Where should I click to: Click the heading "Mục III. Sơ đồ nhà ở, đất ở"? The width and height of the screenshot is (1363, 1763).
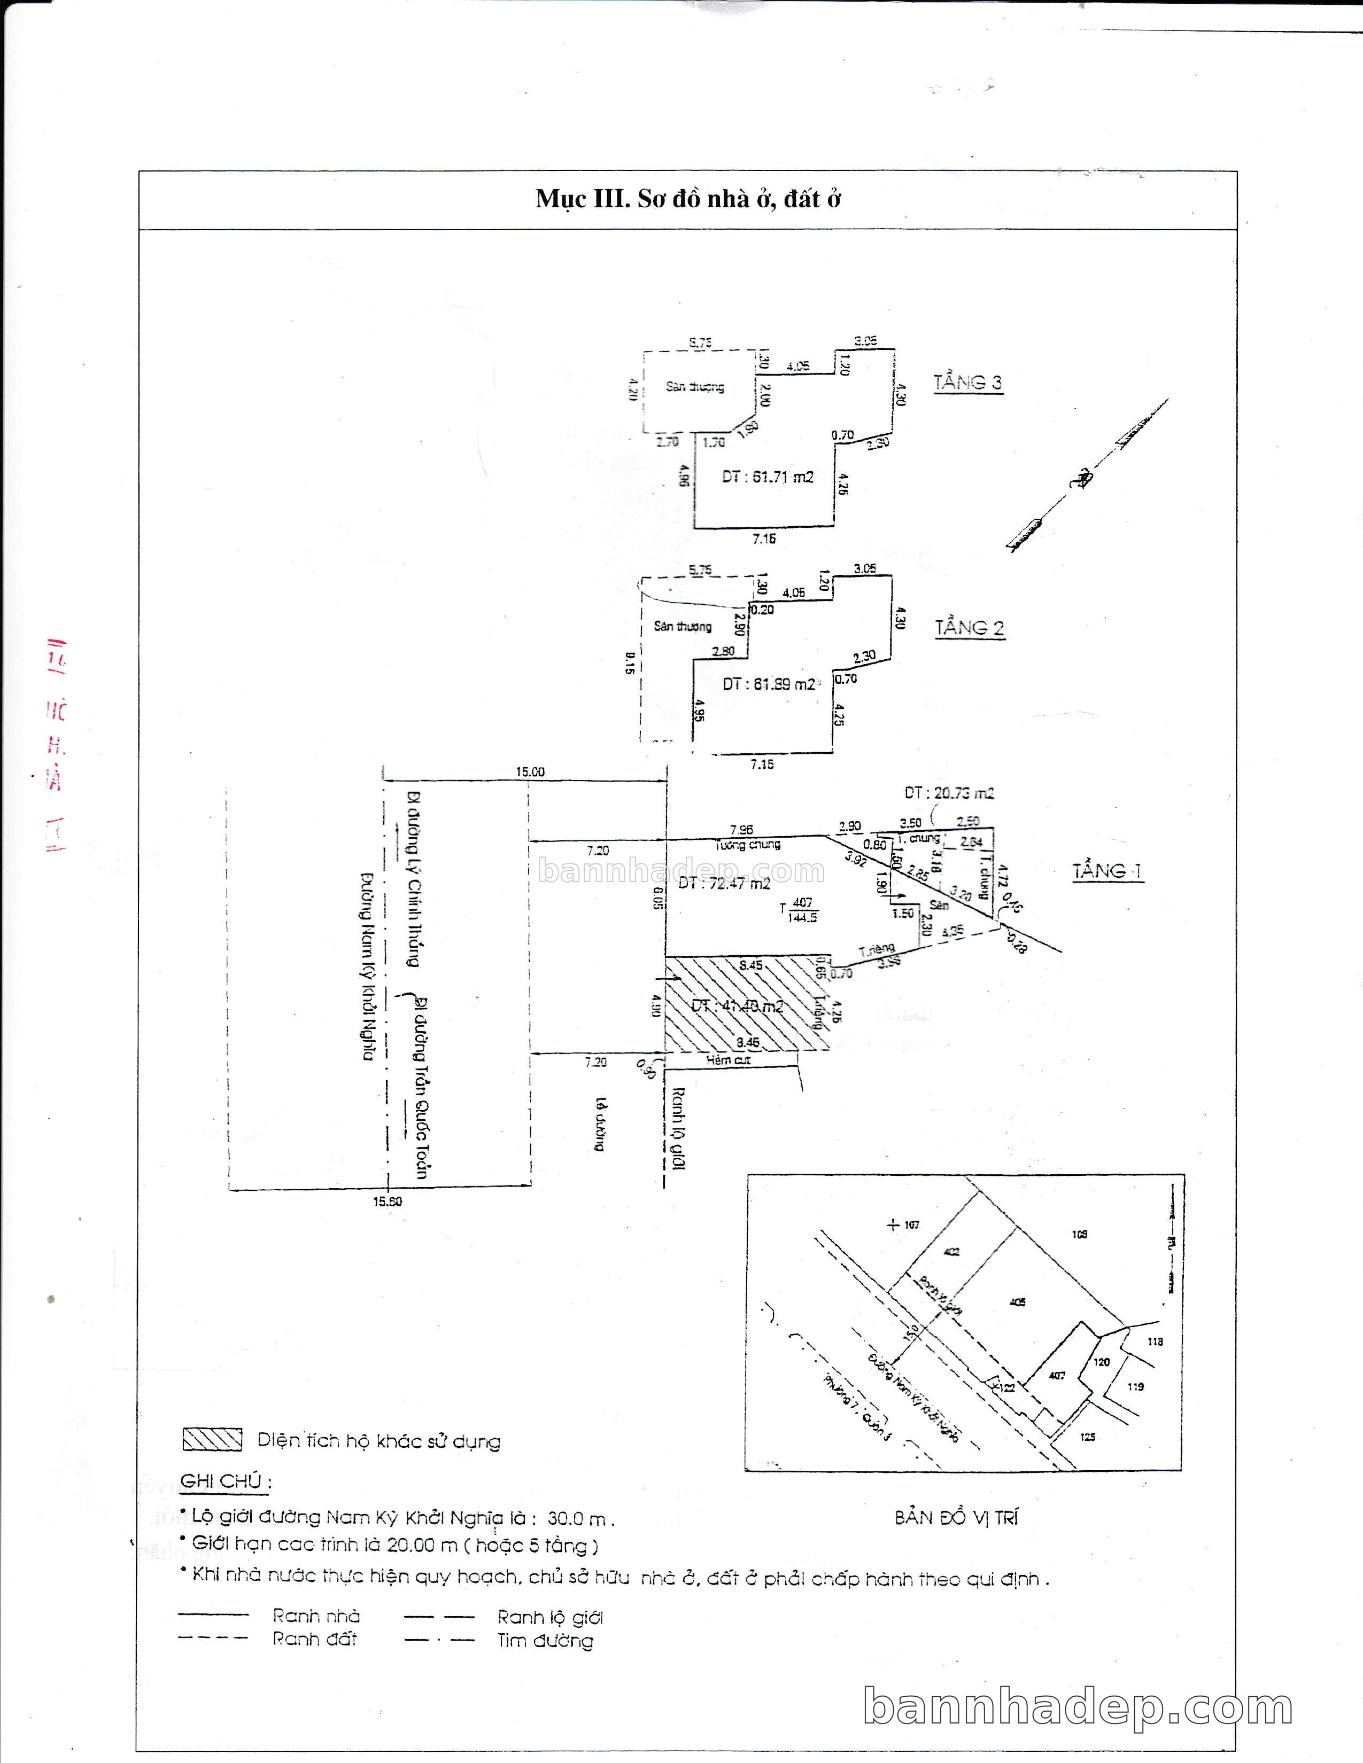[688, 199]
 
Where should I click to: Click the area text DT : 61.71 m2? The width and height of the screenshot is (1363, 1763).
[767, 477]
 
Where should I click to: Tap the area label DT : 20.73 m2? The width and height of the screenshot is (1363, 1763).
[949, 793]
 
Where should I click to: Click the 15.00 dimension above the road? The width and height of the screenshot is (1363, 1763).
[530, 772]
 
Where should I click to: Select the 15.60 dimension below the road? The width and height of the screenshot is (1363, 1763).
[387, 1201]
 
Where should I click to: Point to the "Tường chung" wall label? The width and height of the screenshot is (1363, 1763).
[748, 844]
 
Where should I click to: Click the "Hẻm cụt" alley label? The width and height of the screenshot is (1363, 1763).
[729, 1060]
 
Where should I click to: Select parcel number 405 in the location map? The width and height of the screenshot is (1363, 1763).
[1017, 1302]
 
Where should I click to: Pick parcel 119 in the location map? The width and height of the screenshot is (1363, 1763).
[1135, 1387]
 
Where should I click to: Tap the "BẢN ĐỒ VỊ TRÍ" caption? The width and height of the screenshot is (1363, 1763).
[956, 1518]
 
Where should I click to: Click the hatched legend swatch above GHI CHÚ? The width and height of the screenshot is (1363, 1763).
[212, 1440]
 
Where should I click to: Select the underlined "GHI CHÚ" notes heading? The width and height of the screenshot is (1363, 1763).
[224, 1482]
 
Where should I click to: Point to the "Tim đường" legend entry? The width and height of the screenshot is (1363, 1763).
[545, 1640]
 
